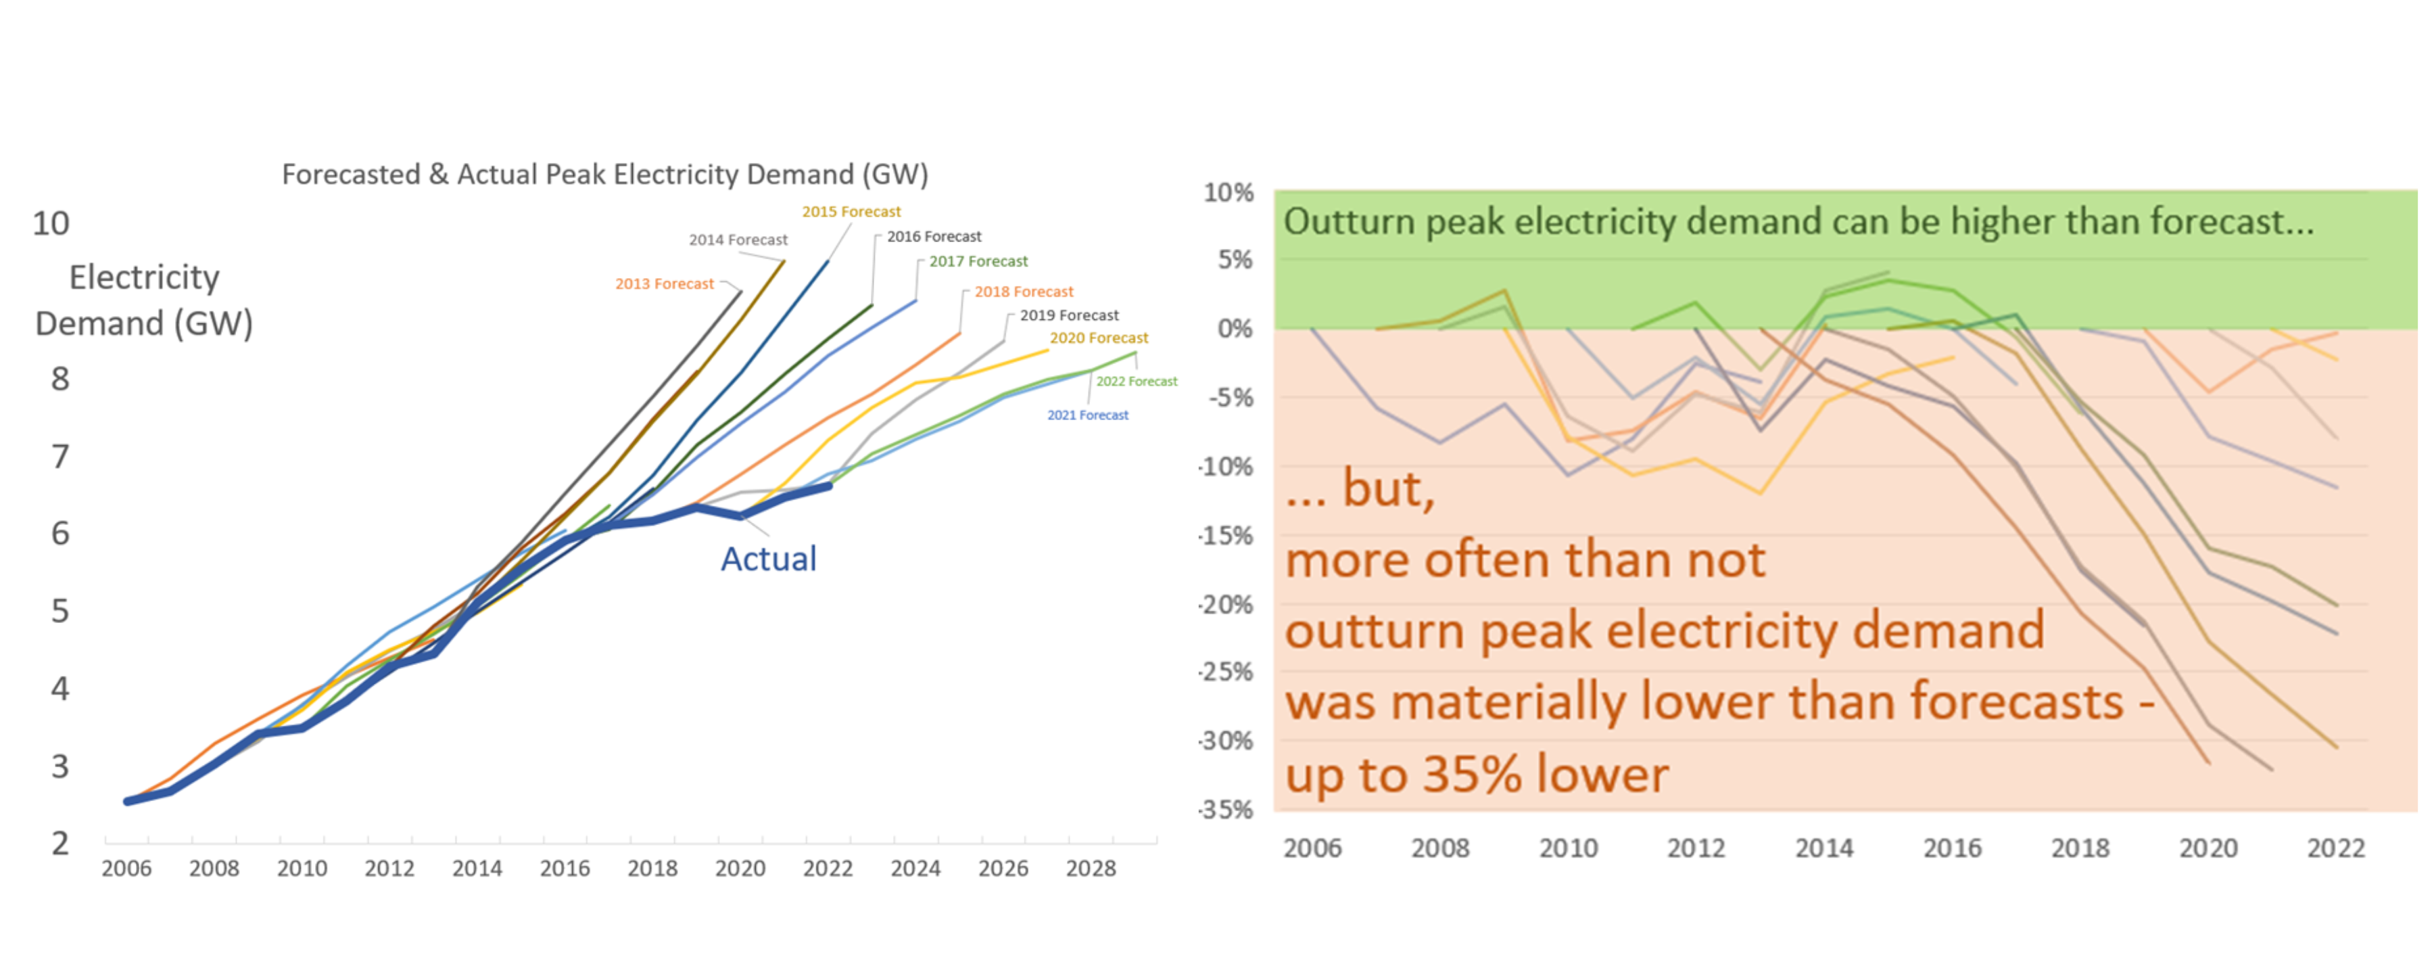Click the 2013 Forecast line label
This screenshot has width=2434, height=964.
tap(664, 283)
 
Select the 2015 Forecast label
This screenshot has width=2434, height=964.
tap(851, 212)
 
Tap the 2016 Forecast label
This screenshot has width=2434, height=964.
tap(934, 236)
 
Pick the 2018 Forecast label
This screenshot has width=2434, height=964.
tap(1024, 292)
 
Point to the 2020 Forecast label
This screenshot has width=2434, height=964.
tap(1099, 338)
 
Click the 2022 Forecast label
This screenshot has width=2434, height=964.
tap(1137, 382)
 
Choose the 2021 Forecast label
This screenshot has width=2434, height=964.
tap(1088, 415)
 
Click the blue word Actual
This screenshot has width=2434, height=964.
tap(768, 559)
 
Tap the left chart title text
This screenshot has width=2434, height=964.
tap(604, 175)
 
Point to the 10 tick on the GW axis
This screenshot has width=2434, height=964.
tap(51, 224)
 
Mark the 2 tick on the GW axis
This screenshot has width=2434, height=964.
tap(59, 843)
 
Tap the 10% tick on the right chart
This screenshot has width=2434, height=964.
tap(1228, 193)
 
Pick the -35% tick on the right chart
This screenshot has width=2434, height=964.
tap(1226, 810)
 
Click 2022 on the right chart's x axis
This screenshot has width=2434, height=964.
tap(2336, 848)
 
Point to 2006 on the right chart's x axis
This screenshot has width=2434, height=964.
tap(1312, 848)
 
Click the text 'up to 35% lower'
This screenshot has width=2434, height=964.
tap(1477, 775)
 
